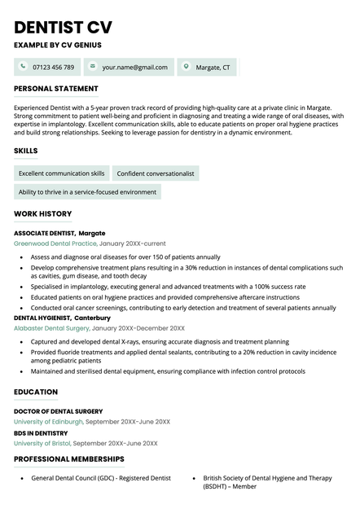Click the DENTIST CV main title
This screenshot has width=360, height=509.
64,27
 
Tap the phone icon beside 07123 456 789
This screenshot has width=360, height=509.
23,67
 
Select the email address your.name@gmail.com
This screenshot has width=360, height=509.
135,67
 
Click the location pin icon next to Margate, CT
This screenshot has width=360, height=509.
186,67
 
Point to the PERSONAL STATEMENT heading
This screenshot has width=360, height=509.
56,89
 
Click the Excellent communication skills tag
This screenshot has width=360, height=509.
62,173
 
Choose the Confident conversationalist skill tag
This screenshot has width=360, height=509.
156,173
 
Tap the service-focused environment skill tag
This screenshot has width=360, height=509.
87,192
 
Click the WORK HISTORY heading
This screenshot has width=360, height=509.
43,214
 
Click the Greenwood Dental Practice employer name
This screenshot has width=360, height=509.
55,244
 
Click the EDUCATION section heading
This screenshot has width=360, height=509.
36,393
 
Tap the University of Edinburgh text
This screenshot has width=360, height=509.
48,422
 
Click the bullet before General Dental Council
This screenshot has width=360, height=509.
21,479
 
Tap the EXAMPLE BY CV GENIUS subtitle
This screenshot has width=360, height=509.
58,46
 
